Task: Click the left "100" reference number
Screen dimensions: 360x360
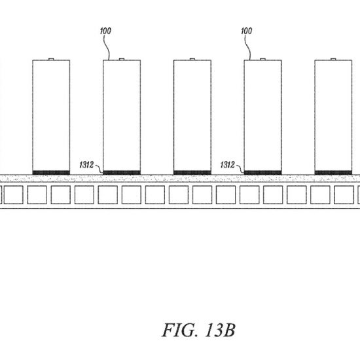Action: pyautogui.click(x=105, y=31)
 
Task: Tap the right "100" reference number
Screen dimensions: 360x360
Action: pyautogui.click(x=247, y=31)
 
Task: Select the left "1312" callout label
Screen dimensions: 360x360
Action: pyautogui.click(x=86, y=165)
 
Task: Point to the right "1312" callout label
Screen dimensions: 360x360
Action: pyautogui.click(x=228, y=165)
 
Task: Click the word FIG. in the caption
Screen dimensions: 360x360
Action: pyautogui.click(x=179, y=330)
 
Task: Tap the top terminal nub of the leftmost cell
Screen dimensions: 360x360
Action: pyautogui.click(x=51, y=59)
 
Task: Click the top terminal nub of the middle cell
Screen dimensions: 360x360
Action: pyautogui.click(x=192, y=59)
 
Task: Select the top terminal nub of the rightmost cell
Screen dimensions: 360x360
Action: pyautogui.click(x=333, y=59)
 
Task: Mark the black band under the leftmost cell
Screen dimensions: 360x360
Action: pyautogui.click(x=51, y=173)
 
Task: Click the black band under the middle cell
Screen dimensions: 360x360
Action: pyautogui.click(x=192, y=173)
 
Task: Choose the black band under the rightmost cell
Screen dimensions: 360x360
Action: pyautogui.click(x=333, y=173)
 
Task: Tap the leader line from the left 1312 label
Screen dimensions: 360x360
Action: pyautogui.click(x=99, y=168)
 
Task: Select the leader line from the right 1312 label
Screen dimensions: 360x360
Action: pyautogui.click(x=240, y=168)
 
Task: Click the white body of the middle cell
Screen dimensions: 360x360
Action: pyautogui.click(x=192, y=115)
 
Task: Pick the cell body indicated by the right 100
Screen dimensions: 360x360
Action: pyautogui.click(x=263, y=115)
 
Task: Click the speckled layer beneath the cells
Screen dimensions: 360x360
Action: pyautogui.click(x=180, y=179)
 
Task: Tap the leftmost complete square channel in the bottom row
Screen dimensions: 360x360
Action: pyautogui.click(x=14, y=195)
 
